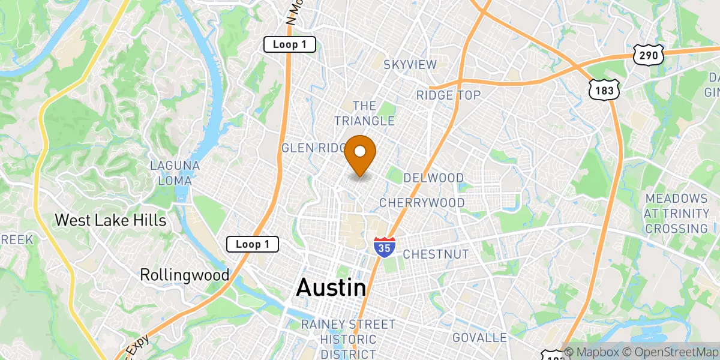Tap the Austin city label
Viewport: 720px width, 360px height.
coord(331,288)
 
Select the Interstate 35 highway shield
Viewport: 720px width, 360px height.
coord(384,246)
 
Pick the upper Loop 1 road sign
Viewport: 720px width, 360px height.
coord(290,44)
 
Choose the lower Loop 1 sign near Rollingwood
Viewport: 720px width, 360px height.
coord(253,244)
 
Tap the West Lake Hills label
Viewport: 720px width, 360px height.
coord(110,220)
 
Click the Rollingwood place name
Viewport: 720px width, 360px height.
coord(185,275)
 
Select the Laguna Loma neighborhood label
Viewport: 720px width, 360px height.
coord(171,173)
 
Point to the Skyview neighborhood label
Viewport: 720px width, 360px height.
coord(410,65)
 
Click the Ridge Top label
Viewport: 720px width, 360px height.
coord(449,95)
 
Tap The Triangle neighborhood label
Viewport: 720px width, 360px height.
coord(365,113)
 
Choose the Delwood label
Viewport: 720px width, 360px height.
coord(434,178)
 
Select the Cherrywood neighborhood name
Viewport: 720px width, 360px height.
coord(422,203)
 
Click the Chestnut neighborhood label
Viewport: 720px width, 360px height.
coord(436,254)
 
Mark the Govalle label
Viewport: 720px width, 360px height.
coord(480,338)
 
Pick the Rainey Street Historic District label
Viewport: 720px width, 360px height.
coord(349,339)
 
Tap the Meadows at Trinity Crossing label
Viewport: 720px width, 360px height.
coord(676,213)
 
